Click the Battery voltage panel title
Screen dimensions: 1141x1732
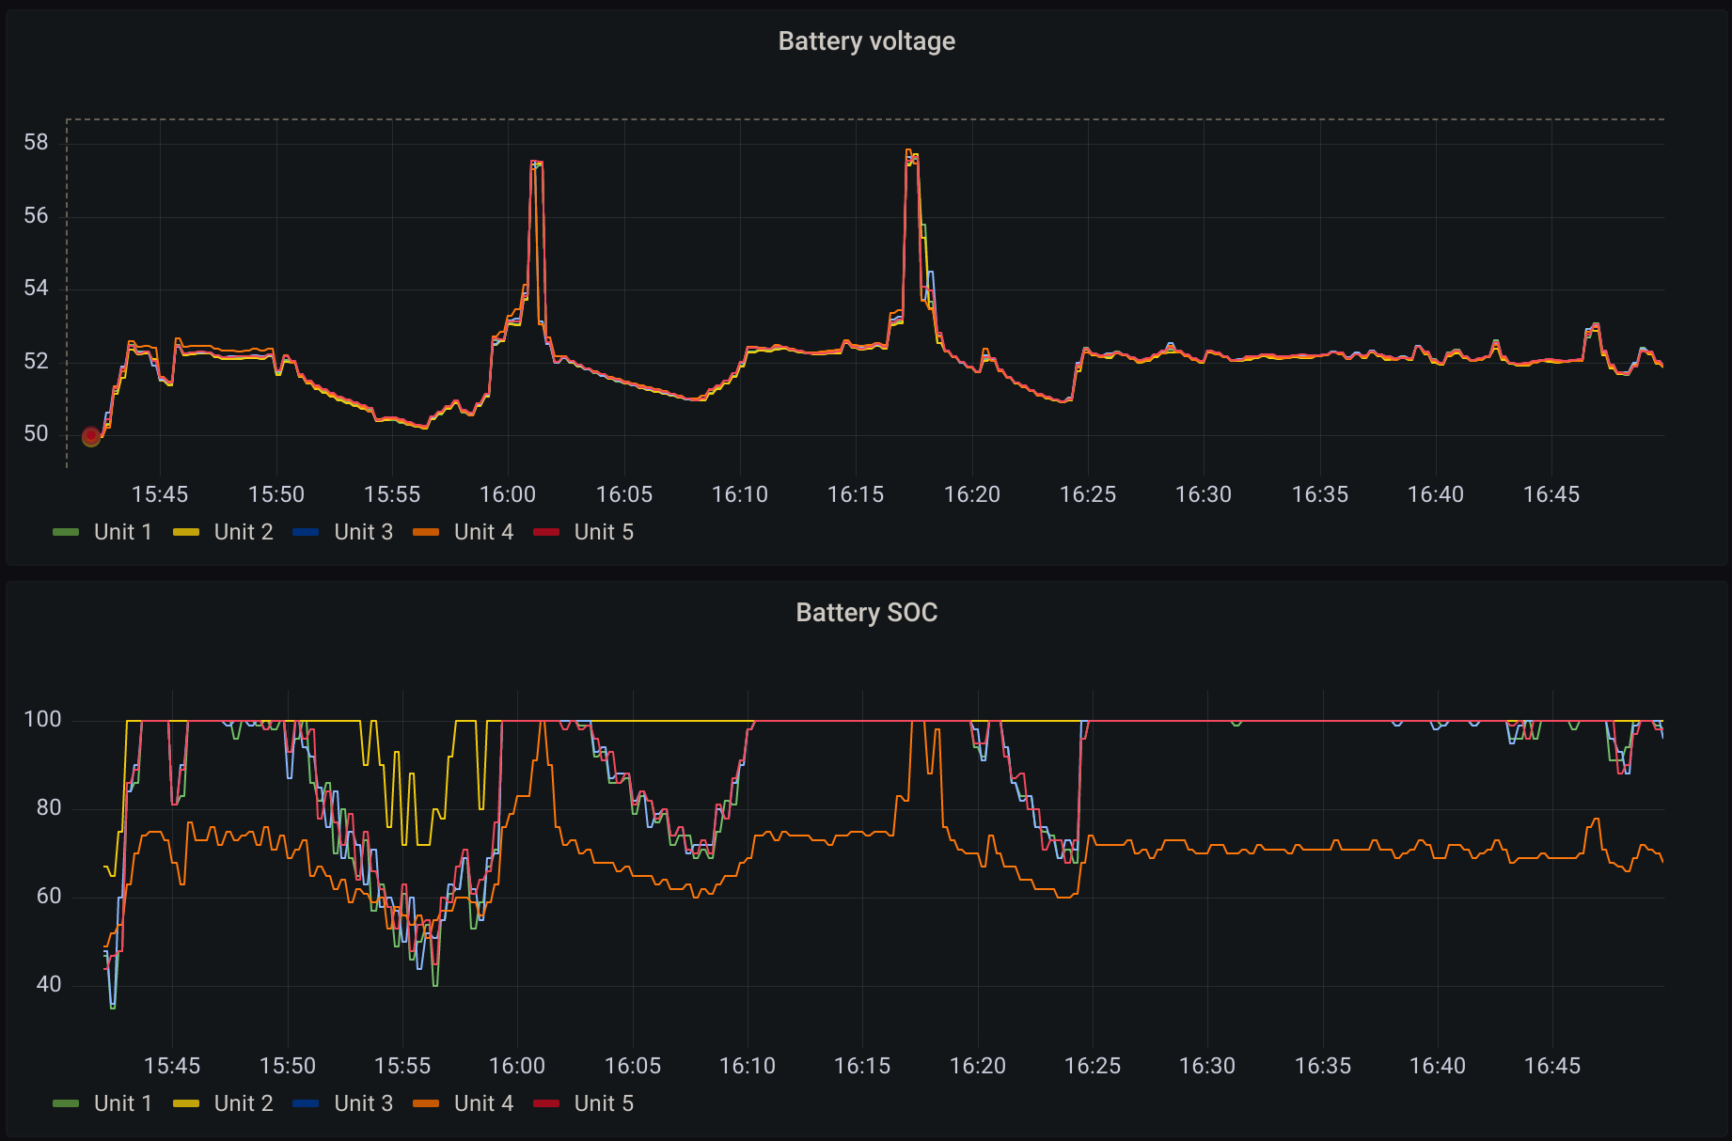click(x=866, y=41)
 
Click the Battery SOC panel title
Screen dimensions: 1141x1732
click(x=866, y=613)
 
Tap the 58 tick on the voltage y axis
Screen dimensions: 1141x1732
click(x=36, y=143)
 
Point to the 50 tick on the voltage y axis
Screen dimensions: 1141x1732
click(x=36, y=434)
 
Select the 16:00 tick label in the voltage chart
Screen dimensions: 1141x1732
click(x=508, y=494)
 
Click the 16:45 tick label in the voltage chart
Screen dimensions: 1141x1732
click(x=1551, y=494)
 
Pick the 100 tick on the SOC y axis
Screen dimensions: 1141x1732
click(x=42, y=720)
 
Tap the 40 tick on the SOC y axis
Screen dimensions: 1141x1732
click(x=49, y=985)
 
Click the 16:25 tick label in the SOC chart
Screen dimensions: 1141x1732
click(x=1093, y=1066)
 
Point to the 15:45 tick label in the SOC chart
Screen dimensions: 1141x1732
click(x=172, y=1066)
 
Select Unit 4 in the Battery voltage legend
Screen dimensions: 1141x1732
click(x=483, y=532)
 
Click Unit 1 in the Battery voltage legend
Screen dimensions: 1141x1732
click(x=122, y=532)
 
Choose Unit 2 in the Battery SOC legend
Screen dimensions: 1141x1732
click(x=243, y=1103)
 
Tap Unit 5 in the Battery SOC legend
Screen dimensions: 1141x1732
click(x=604, y=1103)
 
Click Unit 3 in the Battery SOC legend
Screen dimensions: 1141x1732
click(x=363, y=1103)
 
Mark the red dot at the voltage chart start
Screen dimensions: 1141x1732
click(x=91, y=436)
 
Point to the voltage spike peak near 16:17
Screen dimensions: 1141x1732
click(x=909, y=151)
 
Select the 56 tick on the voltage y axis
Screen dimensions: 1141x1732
click(x=36, y=216)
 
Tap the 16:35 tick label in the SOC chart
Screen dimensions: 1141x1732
click(x=1323, y=1066)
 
